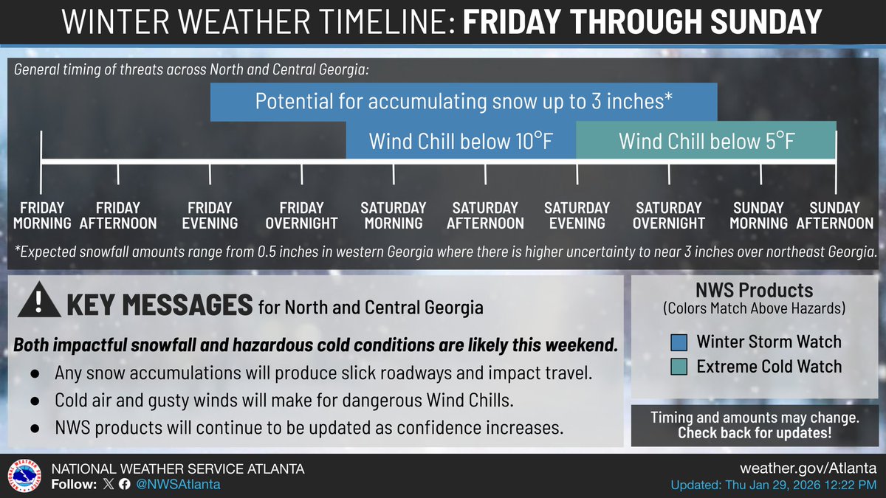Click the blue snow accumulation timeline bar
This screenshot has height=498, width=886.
click(463, 102)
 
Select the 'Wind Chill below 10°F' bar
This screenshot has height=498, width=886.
click(461, 140)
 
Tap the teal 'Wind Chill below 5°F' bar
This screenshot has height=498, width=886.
click(706, 140)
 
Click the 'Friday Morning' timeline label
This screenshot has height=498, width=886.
click(41, 215)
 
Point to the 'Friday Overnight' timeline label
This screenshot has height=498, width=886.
click(301, 215)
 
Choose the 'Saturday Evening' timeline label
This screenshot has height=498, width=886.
click(577, 215)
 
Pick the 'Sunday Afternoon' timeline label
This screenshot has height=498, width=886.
click(834, 215)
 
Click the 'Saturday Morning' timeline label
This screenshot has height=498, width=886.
click(393, 215)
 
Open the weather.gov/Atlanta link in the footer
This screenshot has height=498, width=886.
click(808, 469)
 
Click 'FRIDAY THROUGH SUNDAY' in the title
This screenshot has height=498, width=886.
click(642, 23)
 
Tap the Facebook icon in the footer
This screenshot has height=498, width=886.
click(123, 485)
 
